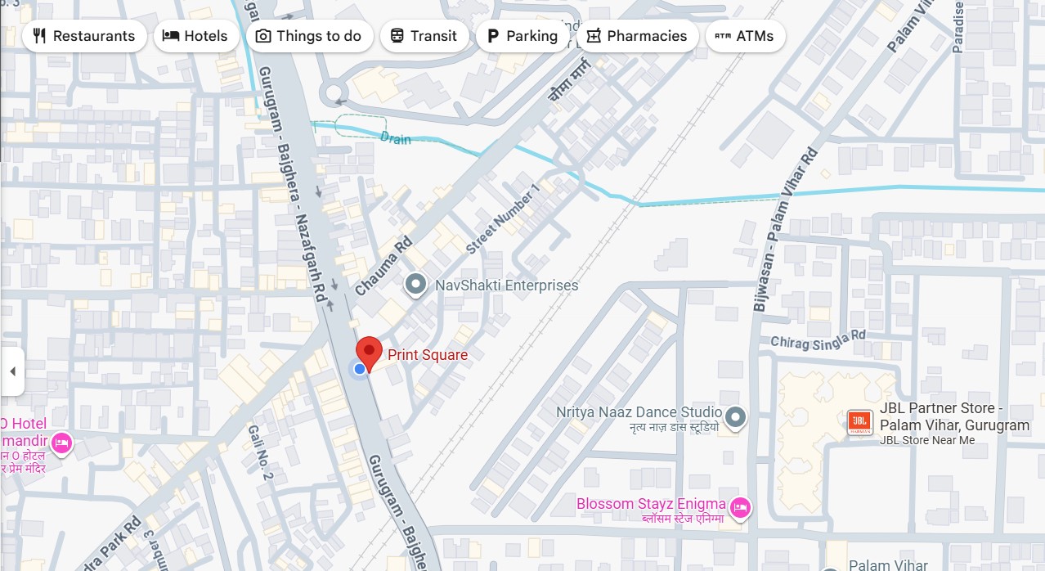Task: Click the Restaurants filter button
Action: pyautogui.click(x=84, y=36)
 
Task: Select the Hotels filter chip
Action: pyautogui.click(x=195, y=36)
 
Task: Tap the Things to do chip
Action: pyautogui.click(x=308, y=36)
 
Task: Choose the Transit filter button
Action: pyautogui.click(x=424, y=36)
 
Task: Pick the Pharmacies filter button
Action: pyautogui.click(x=637, y=36)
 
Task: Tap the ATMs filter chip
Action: pyautogui.click(x=745, y=36)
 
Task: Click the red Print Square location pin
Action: pyautogui.click(x=370, y=352)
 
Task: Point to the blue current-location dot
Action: pyautogui.click(x=359, y=370)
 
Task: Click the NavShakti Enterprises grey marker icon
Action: pyautogui.click(x=416, y=285)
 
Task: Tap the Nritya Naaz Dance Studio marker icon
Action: pyautogui.click(x=736, y=417)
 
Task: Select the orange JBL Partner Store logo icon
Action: pyautogui.click(x=859, y=422)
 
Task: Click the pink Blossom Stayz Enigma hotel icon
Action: pyautogui.click(x=740, y=508)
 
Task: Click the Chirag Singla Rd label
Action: pyautogui.click(x=818, y=339)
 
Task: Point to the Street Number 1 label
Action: pyautogui.click(x=504, y=218)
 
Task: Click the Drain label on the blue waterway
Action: pyautogui.click(x=396, y=138)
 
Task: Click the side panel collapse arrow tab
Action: pyautogui.click(x=12, y=371)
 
